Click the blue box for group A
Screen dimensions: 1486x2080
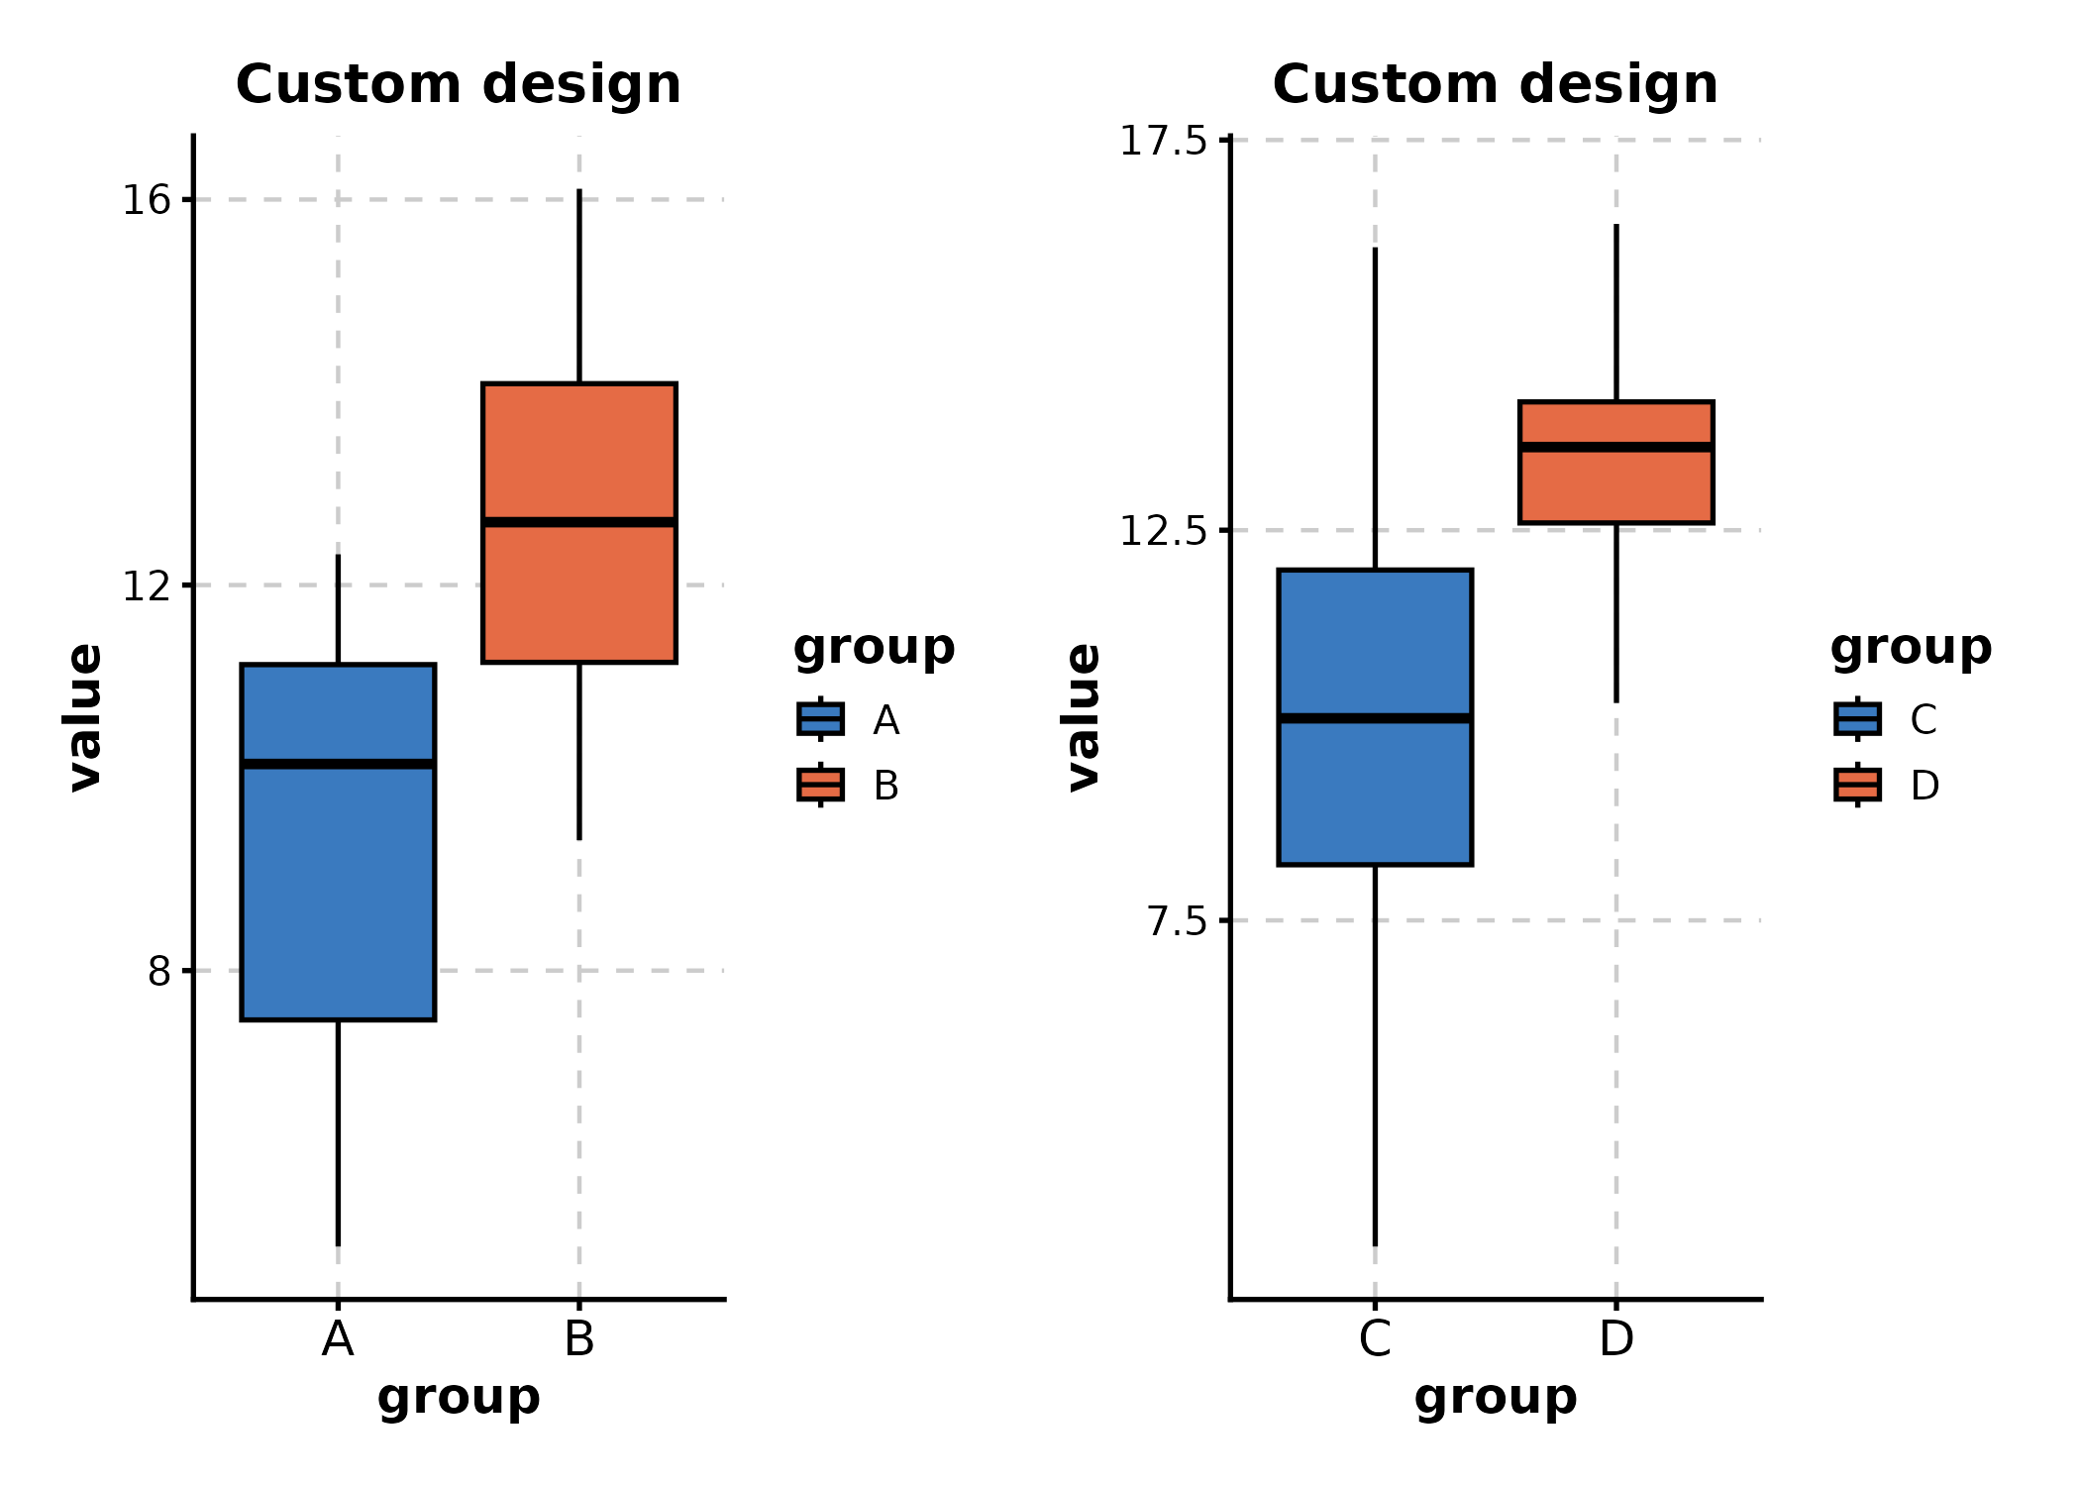[x=338, y=892]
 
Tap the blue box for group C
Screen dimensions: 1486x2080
[x=1375, y=793]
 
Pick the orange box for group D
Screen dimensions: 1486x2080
[x=1615, y=485]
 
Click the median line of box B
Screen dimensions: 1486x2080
[x=579, y=522]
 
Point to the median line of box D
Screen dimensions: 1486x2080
[x=1615, y=448]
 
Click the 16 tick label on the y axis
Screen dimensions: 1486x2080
[x=146, y=200]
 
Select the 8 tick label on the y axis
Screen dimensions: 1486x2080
[x=158, y=972]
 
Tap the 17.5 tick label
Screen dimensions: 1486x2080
[x=1163, y=141]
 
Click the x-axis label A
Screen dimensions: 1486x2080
[x=338, y=1339]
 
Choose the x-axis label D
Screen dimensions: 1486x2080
[x=1615, y=1339]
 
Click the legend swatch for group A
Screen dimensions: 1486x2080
[x=820, y=719]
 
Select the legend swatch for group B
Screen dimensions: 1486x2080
[x=820, y=785]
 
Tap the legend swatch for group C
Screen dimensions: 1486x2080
[x=1857, y=719]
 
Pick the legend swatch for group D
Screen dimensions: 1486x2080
[x=1857, y=785]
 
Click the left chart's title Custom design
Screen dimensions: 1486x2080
[x=459, y=84]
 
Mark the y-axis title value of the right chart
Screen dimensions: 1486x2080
[x=1083, y=717]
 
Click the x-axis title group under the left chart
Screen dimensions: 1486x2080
[x=459, y=1397]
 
